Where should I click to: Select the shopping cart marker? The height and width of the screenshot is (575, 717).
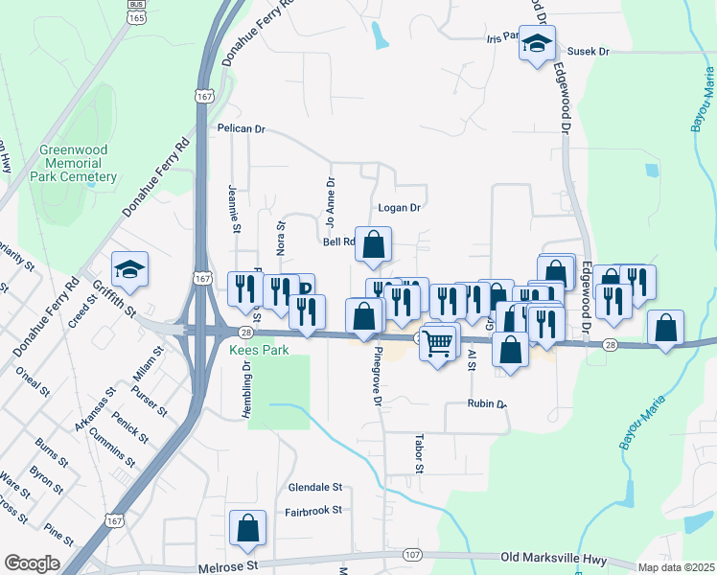[x=439, y=341]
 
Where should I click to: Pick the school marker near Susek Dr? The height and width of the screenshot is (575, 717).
[x=537, y=43]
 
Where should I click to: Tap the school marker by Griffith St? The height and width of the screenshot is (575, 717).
[x=130, y=268]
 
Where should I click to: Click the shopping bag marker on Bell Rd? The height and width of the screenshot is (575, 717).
[x=374, y=244]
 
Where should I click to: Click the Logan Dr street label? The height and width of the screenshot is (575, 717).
[x=400, y=207]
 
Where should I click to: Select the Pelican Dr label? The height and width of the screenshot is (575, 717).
[x=241, y=127]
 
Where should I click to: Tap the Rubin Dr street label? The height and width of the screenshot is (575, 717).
[x=487, y=403]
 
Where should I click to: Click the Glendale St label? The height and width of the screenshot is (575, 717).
[x=315, y=487]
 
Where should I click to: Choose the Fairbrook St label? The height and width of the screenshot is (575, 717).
[x=313, y=511]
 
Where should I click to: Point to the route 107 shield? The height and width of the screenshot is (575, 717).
[x=411, y=555]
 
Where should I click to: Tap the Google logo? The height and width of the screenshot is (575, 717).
[x=32, y=563]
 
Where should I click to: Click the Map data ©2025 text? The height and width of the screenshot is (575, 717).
[x=676, y=567]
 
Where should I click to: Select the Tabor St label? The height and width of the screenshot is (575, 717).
[x=419, y=452]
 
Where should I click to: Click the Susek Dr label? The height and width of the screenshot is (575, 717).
[x=590, y=51]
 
